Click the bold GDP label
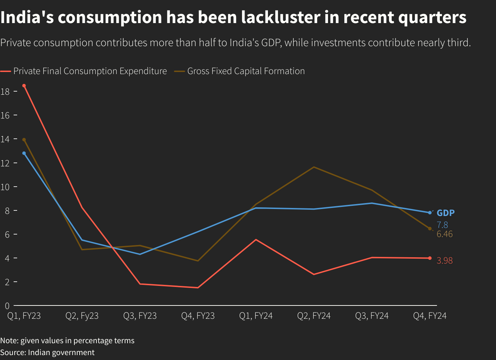pyautogui.click(x=446, y=213)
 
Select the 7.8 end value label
pyautogui.click(x=442, y=225)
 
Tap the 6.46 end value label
pyautogui.click(x=445, y=234)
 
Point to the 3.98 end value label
pyautogui.click(x=445, y=260)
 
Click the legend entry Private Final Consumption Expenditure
pyautogui.click(x=90, y=71)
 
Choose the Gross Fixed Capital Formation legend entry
pyautogui.click(x=246, y=71)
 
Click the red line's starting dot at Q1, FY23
pyautogui.click(x=24, y=86)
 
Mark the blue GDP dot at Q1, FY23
pyautogui.click(x=24, y=153)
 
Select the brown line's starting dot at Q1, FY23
pyautogui.click(x=24, y=139)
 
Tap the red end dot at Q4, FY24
pyautogui.click(x=430, y=258)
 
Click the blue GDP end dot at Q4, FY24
pyautogui.click(x=430, y=213)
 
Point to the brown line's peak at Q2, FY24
pyautogui.click(x=314, y=167)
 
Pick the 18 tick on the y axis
pyautogui.click(x=5, y=92)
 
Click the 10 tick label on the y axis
pyautogui.click(x=5, y=187)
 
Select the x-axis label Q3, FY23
pyautogui.click(x=140, y=316)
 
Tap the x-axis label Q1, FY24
pyautogui.click(x=256, y=316)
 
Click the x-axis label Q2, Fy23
pyautogui.click(x=82, y=316)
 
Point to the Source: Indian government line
pyautogui.click(x=47, y=352)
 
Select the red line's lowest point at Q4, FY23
pyautogui.click(x=198, y=288)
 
